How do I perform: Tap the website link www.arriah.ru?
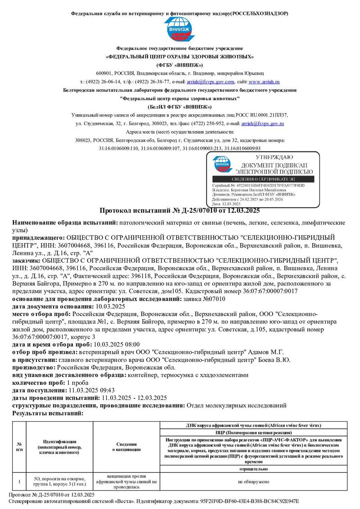coord(264,82)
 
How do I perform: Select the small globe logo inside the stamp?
coord(221,165)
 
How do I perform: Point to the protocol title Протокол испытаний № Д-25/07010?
coord(180,210)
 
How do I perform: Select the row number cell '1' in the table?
coord(19,482)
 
